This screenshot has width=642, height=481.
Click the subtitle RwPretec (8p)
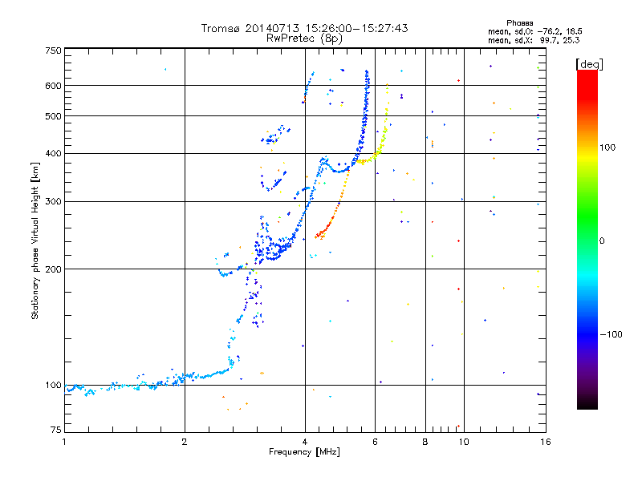[x=304, y=38]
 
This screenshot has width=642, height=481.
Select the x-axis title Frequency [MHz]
[x=304, y=451]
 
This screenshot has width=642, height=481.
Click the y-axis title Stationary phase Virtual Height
[x=35, y=253]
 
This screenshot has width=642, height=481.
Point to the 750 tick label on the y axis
[x=53, y=51]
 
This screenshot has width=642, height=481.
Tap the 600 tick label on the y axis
[x=53, y=86]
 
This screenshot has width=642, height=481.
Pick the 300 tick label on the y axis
[x=53, y=201]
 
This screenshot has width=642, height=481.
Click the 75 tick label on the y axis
[x=56, y=430]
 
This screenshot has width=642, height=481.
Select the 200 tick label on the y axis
[x=53, y=269]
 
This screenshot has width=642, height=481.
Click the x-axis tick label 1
[x=64, y=442]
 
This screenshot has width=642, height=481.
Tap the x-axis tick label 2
[x=185, y=442]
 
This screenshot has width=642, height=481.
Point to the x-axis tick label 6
[x=375, y=442]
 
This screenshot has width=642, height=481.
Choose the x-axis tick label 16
[x=546, y=442]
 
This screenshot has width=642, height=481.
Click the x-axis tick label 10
[x=464, y=442]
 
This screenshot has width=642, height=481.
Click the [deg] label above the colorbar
[x=589, y=64]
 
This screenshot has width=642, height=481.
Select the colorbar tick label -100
[x=612, y=334]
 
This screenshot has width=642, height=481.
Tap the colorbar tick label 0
[x=602, y=240]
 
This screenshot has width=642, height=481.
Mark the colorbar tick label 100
[x=607, y=148]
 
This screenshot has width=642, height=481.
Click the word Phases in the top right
[x=519, y=23]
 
